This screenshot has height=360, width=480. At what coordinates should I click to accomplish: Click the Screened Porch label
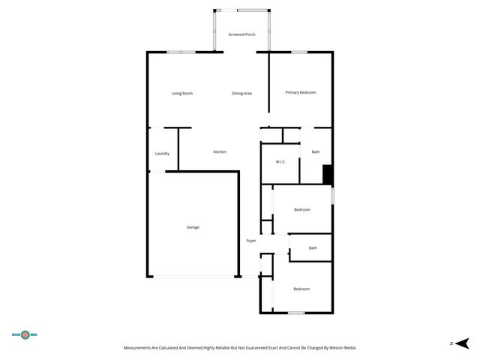click(x=241, y=34)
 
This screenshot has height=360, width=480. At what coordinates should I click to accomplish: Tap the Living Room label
click(x=182, y=93)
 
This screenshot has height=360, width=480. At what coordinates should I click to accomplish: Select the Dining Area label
click(x=241, y=93)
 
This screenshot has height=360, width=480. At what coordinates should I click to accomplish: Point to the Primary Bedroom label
click(x=301, y=92)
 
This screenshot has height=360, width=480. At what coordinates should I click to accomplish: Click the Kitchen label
click(x=220, y=152)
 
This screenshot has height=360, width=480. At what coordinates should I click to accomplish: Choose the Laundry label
click(x=162, y=154)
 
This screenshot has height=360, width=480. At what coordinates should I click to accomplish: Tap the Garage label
click(x=193, y=226)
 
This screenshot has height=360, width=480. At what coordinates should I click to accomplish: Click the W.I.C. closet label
click(x=280, y=162)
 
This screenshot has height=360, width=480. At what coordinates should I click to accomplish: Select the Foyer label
click(x=251, y=241)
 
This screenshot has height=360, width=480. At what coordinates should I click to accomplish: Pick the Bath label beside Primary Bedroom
click(x=316, y=152)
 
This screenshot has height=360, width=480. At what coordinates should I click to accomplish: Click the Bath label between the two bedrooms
click(x=313, y=248)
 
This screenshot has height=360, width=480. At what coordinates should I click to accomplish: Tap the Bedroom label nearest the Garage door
click(x=301, y=289)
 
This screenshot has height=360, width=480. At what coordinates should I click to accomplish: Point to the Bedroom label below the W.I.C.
click(x=302, y=209)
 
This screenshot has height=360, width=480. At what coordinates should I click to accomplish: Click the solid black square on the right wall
click(x=327, y=174)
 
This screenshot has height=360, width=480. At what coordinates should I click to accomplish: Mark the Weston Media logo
click(x=25, y=335)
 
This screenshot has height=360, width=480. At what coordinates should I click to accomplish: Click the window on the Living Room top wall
click(x=181, y=52)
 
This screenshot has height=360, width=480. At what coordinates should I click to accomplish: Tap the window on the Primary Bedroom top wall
click(x=298, y=52)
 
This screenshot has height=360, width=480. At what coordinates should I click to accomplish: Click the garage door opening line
click(x=194, y=277)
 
